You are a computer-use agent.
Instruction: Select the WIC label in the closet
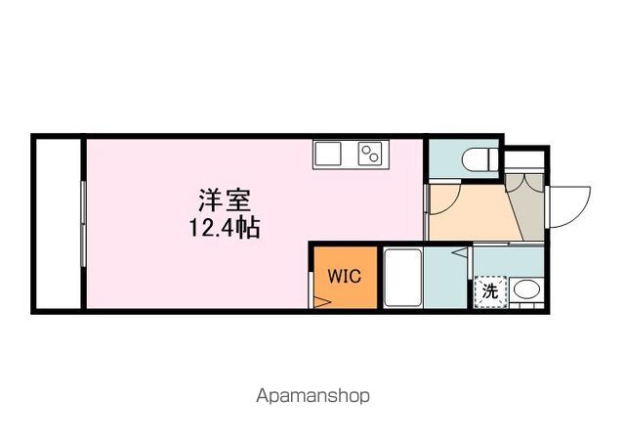pyautogui.click(x=344, y=276)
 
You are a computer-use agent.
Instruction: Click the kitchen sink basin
pyautogui.click(x=327, y=154)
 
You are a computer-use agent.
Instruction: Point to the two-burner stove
pyautogui.click(x=370, y=154)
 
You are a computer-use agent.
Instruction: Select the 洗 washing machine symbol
pyautogui.click(x=489, y=291)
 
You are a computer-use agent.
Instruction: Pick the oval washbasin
pyautogui.click(x=527, y=289)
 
